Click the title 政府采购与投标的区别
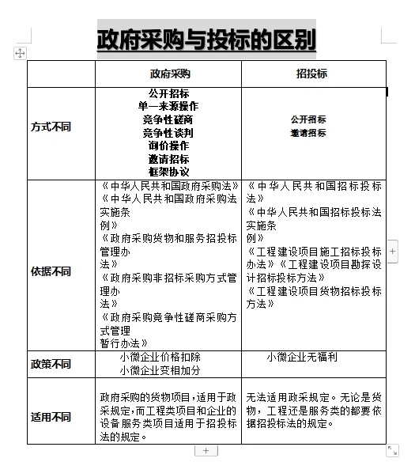click(206, 39)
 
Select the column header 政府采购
click(169, 74)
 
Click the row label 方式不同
click(50, 127)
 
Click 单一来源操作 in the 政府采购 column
click(168, 106)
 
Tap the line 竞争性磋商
click(168, 119)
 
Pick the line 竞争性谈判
click(168, 133)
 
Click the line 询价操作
click(168, 146)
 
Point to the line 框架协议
click(168, 172)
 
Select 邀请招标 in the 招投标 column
click(308, 134)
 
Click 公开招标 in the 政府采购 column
click(168, 93)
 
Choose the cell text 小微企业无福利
click(302, 358)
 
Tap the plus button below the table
click(206, 450)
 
